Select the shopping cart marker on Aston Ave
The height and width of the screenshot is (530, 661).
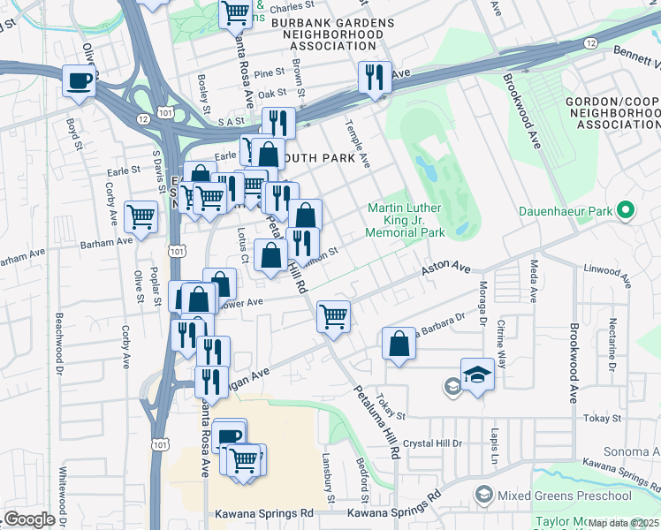point(333,315)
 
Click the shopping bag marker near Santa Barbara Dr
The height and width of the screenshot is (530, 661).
point(399,342)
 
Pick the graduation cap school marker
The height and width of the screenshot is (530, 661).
point(477,374)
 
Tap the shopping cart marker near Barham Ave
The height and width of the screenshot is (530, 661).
point(141,216)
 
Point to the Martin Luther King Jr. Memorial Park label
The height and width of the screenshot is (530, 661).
point(406,221)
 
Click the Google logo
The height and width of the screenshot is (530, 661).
point(29,519)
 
